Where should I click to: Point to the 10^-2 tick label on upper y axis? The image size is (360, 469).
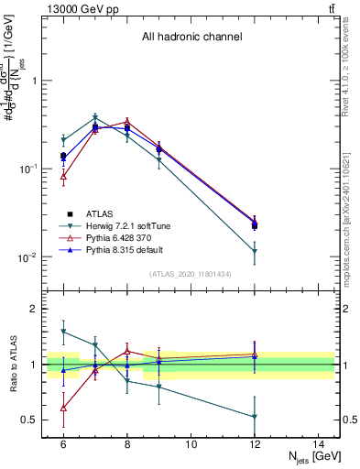pos(30,257)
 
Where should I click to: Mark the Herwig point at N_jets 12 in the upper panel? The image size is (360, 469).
pos(255,250)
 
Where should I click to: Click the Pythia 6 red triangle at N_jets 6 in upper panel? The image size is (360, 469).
pos(63,175)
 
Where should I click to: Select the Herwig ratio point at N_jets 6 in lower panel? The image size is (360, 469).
pos(63,332)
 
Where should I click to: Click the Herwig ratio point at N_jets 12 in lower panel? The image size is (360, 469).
pos(255,417)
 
